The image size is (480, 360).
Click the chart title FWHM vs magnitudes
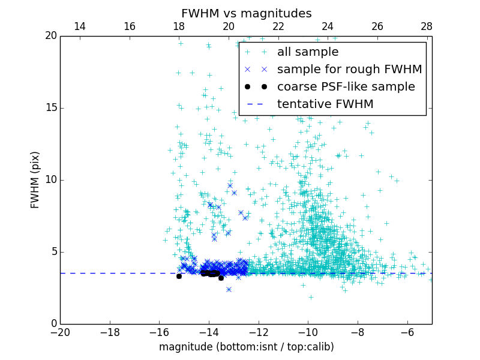(246, 13)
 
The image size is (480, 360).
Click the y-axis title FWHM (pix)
(35, 180)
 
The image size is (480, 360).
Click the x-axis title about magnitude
(246, 347)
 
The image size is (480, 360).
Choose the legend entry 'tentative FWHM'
(325, 104)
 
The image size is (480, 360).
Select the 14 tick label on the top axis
(79, 26)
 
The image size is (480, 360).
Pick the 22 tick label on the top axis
(278, 26)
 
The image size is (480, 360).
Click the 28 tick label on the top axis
(427, 26)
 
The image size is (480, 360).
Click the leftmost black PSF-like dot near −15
(179, 276)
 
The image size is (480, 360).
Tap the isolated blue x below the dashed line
(229, 289)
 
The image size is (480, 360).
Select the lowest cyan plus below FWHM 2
(311, 297)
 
